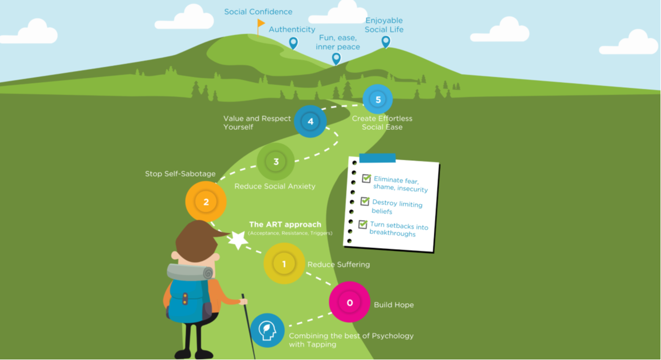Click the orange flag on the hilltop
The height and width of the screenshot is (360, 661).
[x=261, y=23]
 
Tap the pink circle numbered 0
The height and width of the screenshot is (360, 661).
[x=350, y=302]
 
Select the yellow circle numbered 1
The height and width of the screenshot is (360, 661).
[x=284, y=264]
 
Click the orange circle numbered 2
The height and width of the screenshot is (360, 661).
[x=206, y=202]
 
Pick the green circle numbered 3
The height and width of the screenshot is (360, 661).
[x=276, y=162]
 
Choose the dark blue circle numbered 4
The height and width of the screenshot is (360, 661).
[x=310, y=121]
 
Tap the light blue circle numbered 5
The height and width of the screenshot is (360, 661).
[x=378, y=99]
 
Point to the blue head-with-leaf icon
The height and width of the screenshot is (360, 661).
[x=267, y=330]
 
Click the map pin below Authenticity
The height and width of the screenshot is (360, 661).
[x=293, y=43]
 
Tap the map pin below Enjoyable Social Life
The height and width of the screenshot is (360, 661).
[x=386, y=42]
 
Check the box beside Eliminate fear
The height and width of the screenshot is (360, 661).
[x=367, y=178]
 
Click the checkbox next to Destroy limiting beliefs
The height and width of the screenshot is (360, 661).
[x=365, y=201]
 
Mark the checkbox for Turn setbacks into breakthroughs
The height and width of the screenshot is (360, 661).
[x=363, y=224]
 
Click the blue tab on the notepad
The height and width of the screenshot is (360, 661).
[x=377, y=158]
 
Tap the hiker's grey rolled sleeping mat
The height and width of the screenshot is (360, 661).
[x=190, y=272]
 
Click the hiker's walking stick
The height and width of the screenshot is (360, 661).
[x=249, y=326]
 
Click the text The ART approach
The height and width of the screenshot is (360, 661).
[x=285, y=224]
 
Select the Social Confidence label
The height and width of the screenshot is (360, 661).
[x=258, y=12]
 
